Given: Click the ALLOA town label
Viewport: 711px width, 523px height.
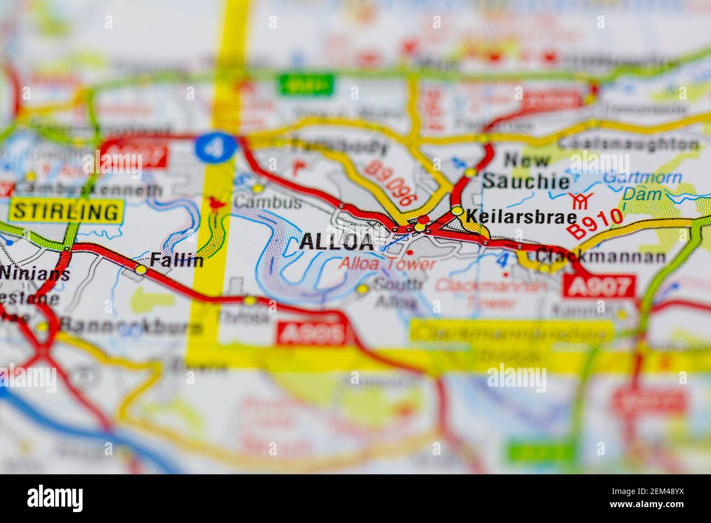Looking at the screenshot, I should tap(337, 242).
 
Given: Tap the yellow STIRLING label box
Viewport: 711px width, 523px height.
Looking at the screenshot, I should tap(66, 211).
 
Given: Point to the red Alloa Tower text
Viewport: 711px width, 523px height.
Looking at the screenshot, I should tap(387, 264).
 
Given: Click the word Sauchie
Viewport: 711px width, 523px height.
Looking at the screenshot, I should tap(526, 181).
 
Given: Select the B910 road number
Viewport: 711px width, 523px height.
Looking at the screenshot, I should tap(595, 223).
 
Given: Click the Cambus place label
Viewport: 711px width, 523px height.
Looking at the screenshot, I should tap(268, 203).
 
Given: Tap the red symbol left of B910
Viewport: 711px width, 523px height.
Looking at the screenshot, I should tap(579, 201).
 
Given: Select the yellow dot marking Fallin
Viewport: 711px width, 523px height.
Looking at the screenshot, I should tap(142, 269).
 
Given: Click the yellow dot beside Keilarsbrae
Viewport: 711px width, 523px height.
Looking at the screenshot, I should tap(457, 212).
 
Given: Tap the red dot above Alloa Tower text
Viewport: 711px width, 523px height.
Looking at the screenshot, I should tap(410, 252).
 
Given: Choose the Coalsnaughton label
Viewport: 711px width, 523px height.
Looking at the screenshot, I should tap(628, 144).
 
